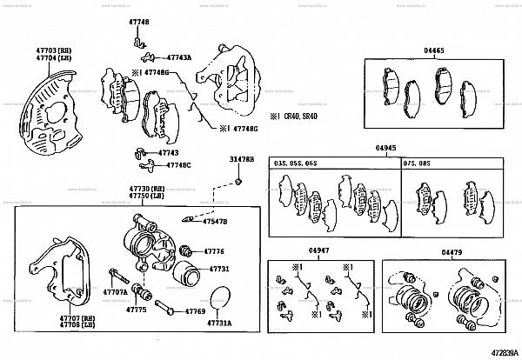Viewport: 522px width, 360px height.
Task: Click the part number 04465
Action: (x=433, y=51)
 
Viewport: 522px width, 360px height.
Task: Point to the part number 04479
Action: (x=452, y=251)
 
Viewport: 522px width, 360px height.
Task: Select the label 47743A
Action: (x=177, y=57)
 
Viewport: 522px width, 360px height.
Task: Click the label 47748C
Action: (x=178, y=164)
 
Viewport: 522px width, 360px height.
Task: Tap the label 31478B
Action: (x=241, y=160)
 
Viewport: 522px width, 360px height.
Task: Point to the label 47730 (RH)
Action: (x=147, y=189)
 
